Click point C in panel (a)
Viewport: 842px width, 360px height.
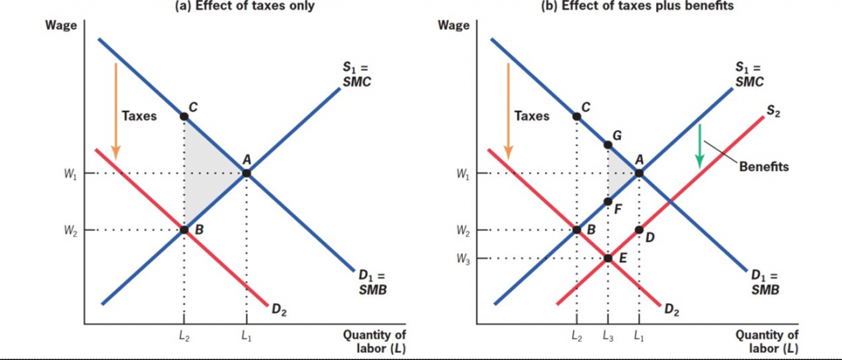[183, 117]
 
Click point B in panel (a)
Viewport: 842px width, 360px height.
[183, 229]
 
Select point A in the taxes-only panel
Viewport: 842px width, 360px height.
[246, 173]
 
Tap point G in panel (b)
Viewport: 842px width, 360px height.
[608, 145]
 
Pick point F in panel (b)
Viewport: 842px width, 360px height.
[608, 201]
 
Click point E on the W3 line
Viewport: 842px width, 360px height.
[608, 258]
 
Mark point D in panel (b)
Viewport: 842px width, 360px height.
[639, 229]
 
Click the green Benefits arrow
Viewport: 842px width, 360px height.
[700, 146]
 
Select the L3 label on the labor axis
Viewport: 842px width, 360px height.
[607, 335]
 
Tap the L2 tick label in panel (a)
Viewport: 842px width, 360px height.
[183, 335]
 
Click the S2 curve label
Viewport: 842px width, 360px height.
[773, 108]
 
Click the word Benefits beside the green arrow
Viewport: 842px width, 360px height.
[764, 166]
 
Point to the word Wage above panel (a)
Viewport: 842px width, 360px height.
[62, 25]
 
